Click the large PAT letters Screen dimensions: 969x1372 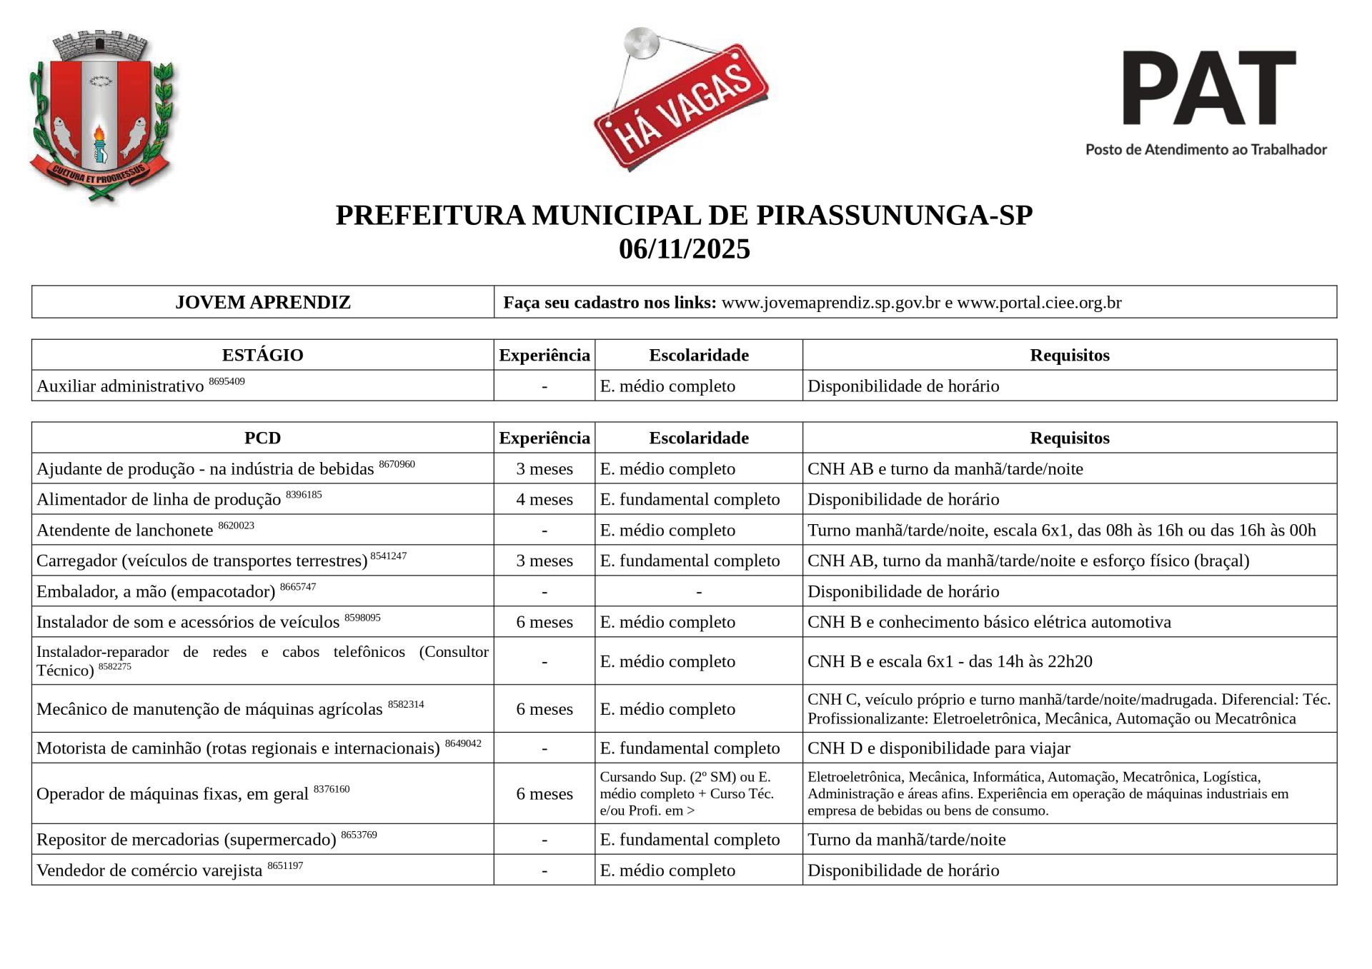click(1208, 88)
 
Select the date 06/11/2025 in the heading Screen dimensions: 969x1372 click(685, 250)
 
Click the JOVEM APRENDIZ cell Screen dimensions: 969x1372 click(263, 302)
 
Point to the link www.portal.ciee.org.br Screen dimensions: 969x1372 click(1039, 303)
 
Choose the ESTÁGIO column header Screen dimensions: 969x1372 click(263, 355)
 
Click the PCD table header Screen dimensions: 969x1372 click(263, 438)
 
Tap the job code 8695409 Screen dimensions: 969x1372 click(227, 381)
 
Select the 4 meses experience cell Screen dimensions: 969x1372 click(545, 499)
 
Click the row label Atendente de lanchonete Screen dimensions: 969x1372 click(125, 531)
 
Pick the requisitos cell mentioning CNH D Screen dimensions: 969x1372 click(938, 748)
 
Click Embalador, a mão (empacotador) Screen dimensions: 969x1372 click(156, 592)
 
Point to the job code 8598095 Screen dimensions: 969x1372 click(362, 618)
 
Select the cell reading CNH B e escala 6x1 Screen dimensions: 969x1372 click(950, 661)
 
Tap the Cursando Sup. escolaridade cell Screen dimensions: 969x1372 click(687, 793)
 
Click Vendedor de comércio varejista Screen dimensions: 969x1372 click(149, 870)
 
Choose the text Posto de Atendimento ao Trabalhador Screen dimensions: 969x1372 click(1206, 150)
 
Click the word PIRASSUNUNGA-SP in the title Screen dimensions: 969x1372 click(894, 216)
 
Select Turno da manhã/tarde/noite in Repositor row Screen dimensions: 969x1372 click(906, 840)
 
